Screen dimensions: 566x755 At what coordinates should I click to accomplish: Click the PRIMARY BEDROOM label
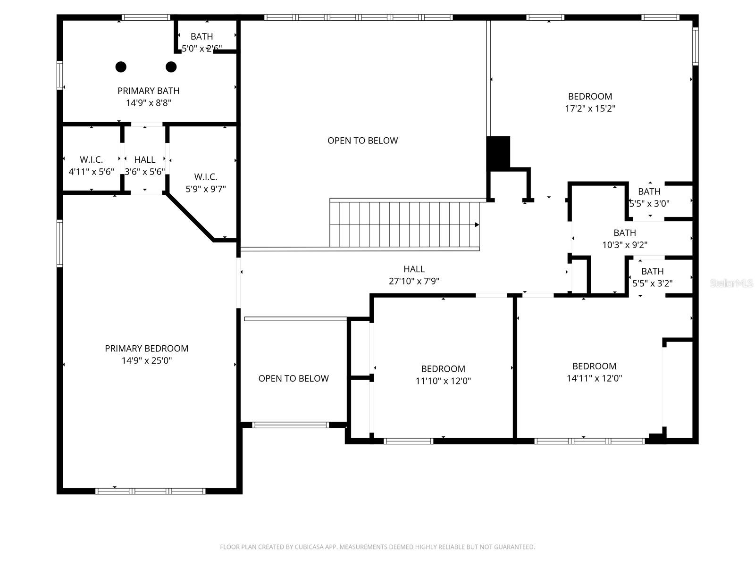click(146, 349)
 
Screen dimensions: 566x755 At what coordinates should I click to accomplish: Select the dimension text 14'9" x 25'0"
click(146, 361)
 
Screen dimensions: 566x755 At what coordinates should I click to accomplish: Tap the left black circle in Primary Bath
click(121, 67)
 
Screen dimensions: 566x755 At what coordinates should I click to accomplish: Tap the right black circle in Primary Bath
click(171, 67)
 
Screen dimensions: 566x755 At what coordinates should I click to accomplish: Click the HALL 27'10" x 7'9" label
click(414, 275)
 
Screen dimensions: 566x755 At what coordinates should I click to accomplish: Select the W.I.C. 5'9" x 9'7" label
click(205, 183)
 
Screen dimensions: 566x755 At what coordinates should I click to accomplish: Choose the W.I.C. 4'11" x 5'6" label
click(91, 166)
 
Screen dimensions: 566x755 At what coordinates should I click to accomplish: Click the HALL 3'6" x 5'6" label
click(144, 166)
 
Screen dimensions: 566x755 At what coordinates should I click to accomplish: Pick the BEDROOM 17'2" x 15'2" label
click(590, 102)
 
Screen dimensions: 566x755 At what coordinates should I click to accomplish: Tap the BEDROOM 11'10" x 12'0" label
click(443, 375)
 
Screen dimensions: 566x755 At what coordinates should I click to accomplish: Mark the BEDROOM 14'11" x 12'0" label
click(594, 372)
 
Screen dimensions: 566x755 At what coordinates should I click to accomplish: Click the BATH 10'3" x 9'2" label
click(624, 239)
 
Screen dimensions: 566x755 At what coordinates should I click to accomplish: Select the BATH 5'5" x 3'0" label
click(649, 198)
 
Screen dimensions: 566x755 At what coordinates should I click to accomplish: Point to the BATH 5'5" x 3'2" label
click(652, 277)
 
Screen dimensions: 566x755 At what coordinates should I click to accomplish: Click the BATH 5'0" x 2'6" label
click(201, 42)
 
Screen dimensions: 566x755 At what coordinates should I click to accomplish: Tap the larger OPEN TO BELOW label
click(362, 141)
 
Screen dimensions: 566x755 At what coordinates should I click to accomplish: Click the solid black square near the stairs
click(498, 153)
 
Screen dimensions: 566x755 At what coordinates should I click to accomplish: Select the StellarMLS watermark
click(731, 283)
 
